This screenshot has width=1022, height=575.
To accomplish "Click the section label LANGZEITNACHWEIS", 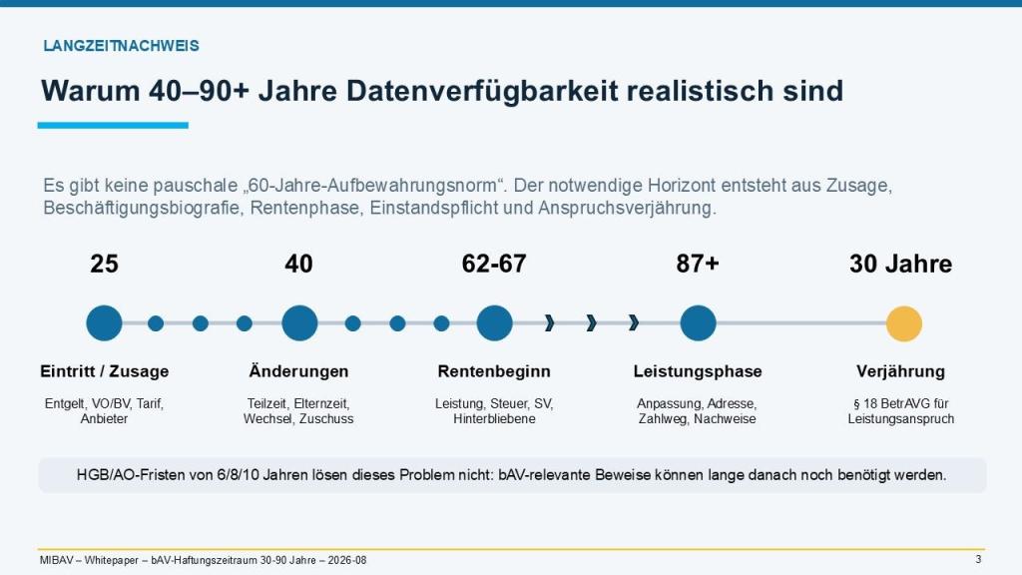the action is [121, 46].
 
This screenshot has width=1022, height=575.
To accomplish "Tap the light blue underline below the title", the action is [113, 125].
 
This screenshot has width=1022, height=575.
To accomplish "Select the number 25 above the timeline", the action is [104, 264].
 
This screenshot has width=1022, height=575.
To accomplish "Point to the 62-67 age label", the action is [494, 264].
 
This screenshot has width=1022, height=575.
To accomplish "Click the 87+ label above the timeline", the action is [698, 264].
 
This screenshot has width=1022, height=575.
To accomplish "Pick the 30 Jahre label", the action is [901, 264].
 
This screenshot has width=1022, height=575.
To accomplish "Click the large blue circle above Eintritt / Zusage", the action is [104, 322].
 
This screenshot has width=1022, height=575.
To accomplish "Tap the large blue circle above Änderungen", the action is [299, 322].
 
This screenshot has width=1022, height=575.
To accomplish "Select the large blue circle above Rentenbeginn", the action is [494, 322].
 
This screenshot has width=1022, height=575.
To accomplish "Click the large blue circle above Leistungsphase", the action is [698, 322].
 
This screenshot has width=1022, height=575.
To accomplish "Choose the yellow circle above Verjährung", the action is [904, 323].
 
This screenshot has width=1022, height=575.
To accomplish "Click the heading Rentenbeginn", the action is [494, 371].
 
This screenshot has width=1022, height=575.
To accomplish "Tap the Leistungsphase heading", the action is [698, 371].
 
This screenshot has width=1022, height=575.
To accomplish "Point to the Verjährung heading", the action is [901, 371].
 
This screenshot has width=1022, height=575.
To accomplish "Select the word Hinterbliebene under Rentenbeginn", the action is [494, 418].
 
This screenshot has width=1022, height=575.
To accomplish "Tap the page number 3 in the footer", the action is [978, 559].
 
